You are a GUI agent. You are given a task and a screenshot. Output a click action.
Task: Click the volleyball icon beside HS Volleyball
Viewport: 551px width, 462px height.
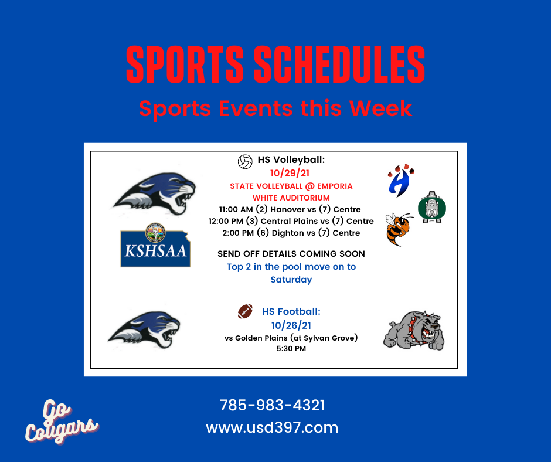[x=245, y=161]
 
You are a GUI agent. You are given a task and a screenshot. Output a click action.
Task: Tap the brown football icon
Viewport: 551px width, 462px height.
[x=245, y=311]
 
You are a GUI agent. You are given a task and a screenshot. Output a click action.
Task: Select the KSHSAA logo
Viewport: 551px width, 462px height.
[x=155, y=245]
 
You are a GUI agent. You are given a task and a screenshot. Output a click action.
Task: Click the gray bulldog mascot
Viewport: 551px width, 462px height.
[x=414, y=330]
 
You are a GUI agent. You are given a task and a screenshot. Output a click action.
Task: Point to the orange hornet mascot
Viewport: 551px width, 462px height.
[x=399, y=229]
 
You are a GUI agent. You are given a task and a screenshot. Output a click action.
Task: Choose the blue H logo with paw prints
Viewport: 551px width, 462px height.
[x=400, y=181]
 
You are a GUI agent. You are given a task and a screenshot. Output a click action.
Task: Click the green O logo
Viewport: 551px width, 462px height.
[x=432, y=208]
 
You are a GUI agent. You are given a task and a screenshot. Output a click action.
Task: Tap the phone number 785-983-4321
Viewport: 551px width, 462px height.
[x=272, y=405]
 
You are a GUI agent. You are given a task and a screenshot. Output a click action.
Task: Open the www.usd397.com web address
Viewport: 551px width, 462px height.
[x=272, y=427]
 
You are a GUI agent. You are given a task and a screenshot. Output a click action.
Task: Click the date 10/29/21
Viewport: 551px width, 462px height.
[x=290, y=173]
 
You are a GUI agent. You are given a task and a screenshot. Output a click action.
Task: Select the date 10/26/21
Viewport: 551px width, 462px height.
[x=291, y=325]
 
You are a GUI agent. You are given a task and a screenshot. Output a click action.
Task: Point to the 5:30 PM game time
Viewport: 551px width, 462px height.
[x=291, y=349]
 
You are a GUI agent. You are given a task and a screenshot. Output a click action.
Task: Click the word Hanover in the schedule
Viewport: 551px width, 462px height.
[x=288, y=209]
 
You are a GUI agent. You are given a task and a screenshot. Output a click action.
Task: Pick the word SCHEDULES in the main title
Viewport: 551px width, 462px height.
[x=339, y=64]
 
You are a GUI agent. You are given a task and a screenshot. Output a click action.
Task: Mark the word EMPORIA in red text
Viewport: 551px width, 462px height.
[x=335, y=186]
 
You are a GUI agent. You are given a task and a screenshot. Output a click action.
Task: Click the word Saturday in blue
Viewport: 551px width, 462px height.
[x=291, y=280]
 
